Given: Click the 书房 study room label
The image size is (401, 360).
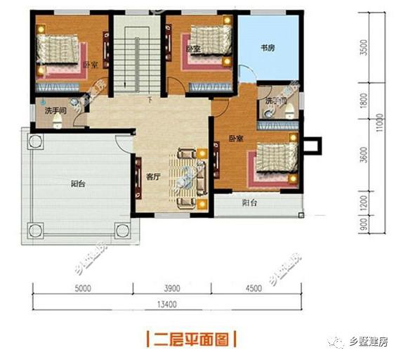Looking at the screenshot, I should (266, 48).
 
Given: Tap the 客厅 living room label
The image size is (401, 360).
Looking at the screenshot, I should (153, 177).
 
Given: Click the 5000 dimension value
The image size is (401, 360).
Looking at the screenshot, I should (83, 288).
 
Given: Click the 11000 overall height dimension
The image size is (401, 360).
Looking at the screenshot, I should (379, 125).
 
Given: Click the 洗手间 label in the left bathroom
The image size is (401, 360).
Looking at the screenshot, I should (52, 111).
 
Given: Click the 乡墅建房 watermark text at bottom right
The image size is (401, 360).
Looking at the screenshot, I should (368, 342).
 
